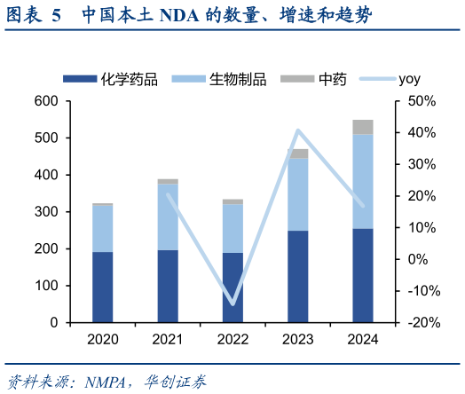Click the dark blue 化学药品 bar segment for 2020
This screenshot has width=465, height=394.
point(103,288)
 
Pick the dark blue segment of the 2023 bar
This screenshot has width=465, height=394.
point(298,276)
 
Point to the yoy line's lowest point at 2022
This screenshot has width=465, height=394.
point(232,303)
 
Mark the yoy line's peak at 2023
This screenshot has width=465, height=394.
point(298,130)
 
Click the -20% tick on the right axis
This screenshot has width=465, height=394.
point(420,323)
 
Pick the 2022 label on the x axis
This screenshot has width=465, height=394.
point(232,340)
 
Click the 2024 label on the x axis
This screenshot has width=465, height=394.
point(363,340)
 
